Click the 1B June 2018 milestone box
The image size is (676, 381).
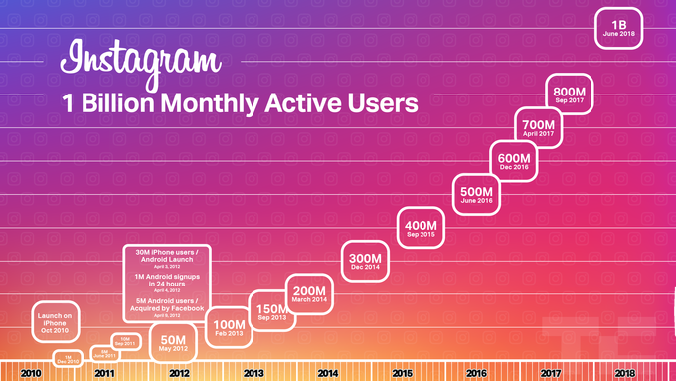pos(619,28)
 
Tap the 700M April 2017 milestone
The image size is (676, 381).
pos(539,128)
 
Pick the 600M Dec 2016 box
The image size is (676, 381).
pos(513,161)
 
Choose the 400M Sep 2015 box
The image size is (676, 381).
pos(420,228)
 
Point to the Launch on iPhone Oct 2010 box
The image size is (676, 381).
pos(56,321)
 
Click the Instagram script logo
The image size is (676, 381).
pos(138,58)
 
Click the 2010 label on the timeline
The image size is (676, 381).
pos(30,372)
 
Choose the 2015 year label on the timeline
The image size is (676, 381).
pos(402,372)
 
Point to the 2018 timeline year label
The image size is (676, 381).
pos(625,372)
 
